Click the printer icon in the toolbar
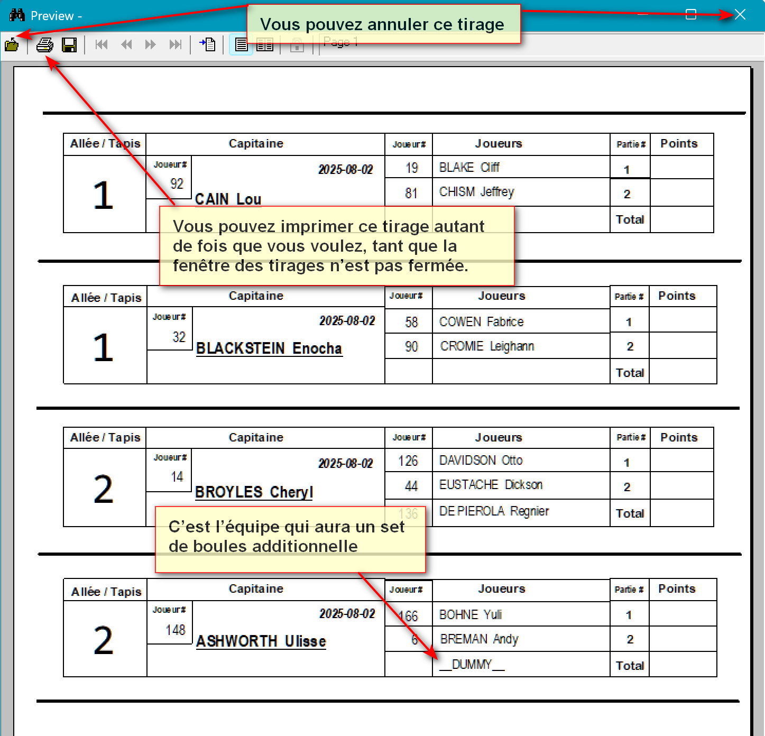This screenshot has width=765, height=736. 45,45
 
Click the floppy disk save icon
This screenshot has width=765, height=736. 69,45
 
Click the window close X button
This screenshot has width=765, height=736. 740,15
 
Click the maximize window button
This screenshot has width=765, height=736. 691,15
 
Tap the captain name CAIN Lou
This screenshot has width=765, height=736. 228,199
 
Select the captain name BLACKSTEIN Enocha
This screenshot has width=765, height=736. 269,348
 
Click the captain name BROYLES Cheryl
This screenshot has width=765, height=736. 254,492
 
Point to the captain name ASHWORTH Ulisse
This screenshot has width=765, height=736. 261,641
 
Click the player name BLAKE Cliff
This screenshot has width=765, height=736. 469,168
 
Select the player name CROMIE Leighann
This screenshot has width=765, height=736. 487,346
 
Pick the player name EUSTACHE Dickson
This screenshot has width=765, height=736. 491,485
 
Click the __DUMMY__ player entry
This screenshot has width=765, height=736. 472,665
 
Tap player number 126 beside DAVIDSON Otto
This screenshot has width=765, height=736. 408,461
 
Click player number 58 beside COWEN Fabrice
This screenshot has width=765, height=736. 411,322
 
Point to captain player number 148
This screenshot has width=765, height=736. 176,630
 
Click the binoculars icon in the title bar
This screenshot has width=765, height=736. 17,15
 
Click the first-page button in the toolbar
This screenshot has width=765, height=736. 102,45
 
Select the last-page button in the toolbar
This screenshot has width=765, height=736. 176,45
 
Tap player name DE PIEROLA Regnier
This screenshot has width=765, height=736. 494,511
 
